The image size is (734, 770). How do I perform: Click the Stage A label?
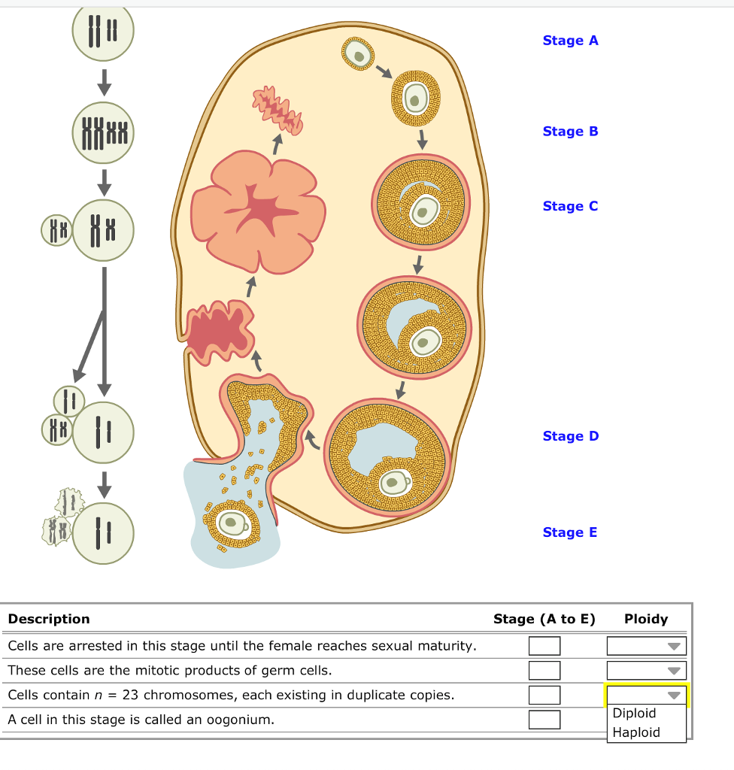click(570, 41)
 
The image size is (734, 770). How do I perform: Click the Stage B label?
click(570, 131)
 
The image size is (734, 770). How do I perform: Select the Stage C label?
click(570, 206)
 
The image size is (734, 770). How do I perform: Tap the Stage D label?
click(570, 436)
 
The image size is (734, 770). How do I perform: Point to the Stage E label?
click(570, 532)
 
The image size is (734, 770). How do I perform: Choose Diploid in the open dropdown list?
click(635, 714)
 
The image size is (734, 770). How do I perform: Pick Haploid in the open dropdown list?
click(635, 732)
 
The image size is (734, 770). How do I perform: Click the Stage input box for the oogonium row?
click(544, 720)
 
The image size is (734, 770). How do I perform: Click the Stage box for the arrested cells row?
click(544, 646)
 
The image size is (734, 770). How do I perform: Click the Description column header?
click(49, 619)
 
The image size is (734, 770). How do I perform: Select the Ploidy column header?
click(646, 619)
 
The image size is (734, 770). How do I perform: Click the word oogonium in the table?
click(242, 720)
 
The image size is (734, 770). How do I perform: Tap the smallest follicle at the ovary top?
click(359, 53)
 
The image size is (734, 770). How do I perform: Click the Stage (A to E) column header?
click(544, 619)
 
